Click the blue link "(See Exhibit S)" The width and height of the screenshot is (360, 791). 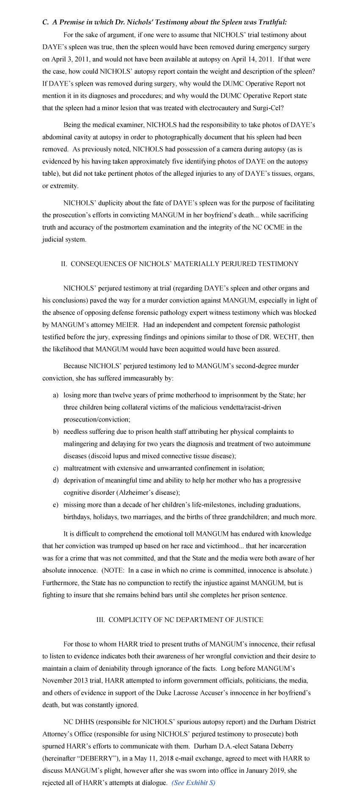click(x=194, y=783)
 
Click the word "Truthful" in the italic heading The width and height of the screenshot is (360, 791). click(x=272, y=22)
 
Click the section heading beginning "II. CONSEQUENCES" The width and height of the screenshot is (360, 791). click(x=180, y=264)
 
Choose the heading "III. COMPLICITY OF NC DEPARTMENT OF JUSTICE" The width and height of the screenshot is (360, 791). click(x=180, y=619)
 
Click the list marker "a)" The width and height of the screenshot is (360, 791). click(x=55, y=395)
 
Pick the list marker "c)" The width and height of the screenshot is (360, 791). click(x=55, y=468)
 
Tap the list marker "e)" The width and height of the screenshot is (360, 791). click(x=55, y=505)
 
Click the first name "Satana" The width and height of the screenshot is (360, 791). click(x=262, y=746)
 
